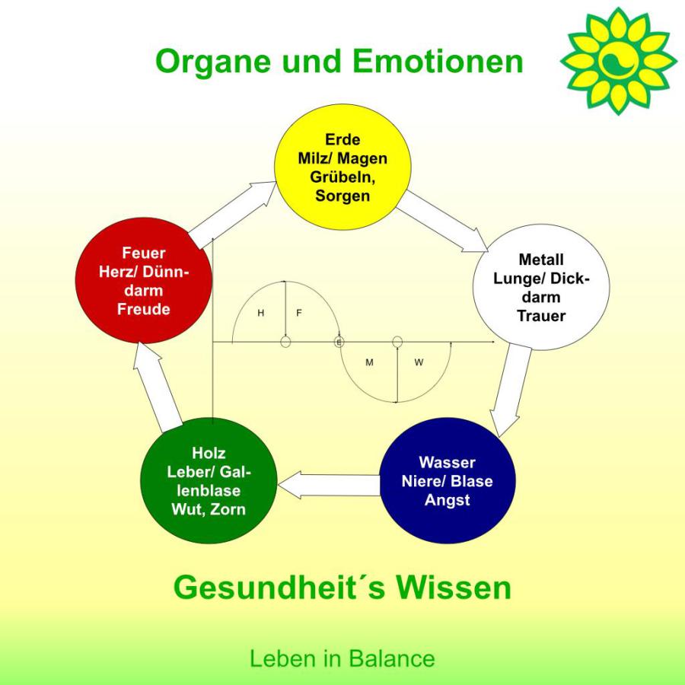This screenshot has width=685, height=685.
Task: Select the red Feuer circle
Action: click(144, 281)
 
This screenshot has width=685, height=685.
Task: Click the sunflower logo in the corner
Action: click(618, 61)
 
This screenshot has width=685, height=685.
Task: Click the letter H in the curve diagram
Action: click(260, 313)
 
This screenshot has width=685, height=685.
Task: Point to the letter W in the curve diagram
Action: click(419, 362)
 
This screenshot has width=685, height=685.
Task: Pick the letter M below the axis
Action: click(369, 362)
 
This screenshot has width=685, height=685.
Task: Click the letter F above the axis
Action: click(299, 313)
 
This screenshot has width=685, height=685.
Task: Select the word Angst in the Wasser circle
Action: click(447, 500)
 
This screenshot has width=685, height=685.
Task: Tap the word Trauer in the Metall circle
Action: click(541, 315)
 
